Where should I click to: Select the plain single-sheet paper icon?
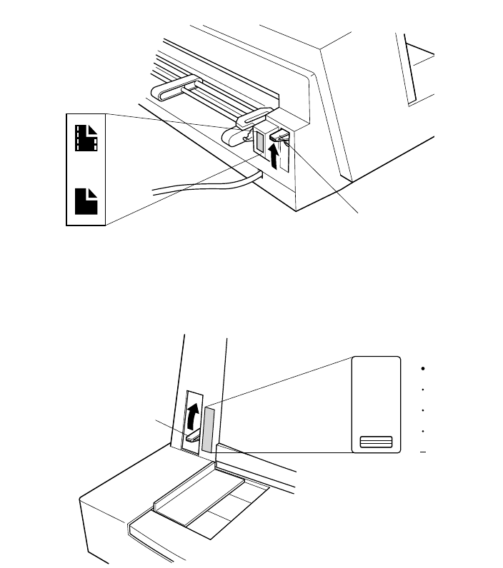coord(86,200)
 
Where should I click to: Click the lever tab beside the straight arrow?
coord(279,133)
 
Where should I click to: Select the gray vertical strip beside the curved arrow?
coord(209,430)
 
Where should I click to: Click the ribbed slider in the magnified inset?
coord(376,442)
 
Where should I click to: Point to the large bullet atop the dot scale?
coord(424,369)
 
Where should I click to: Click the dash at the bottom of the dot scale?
coord(424,452)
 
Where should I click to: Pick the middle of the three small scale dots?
coord(424,411)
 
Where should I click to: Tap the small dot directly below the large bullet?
coord(424,390)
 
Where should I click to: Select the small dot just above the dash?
coord(424,432)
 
